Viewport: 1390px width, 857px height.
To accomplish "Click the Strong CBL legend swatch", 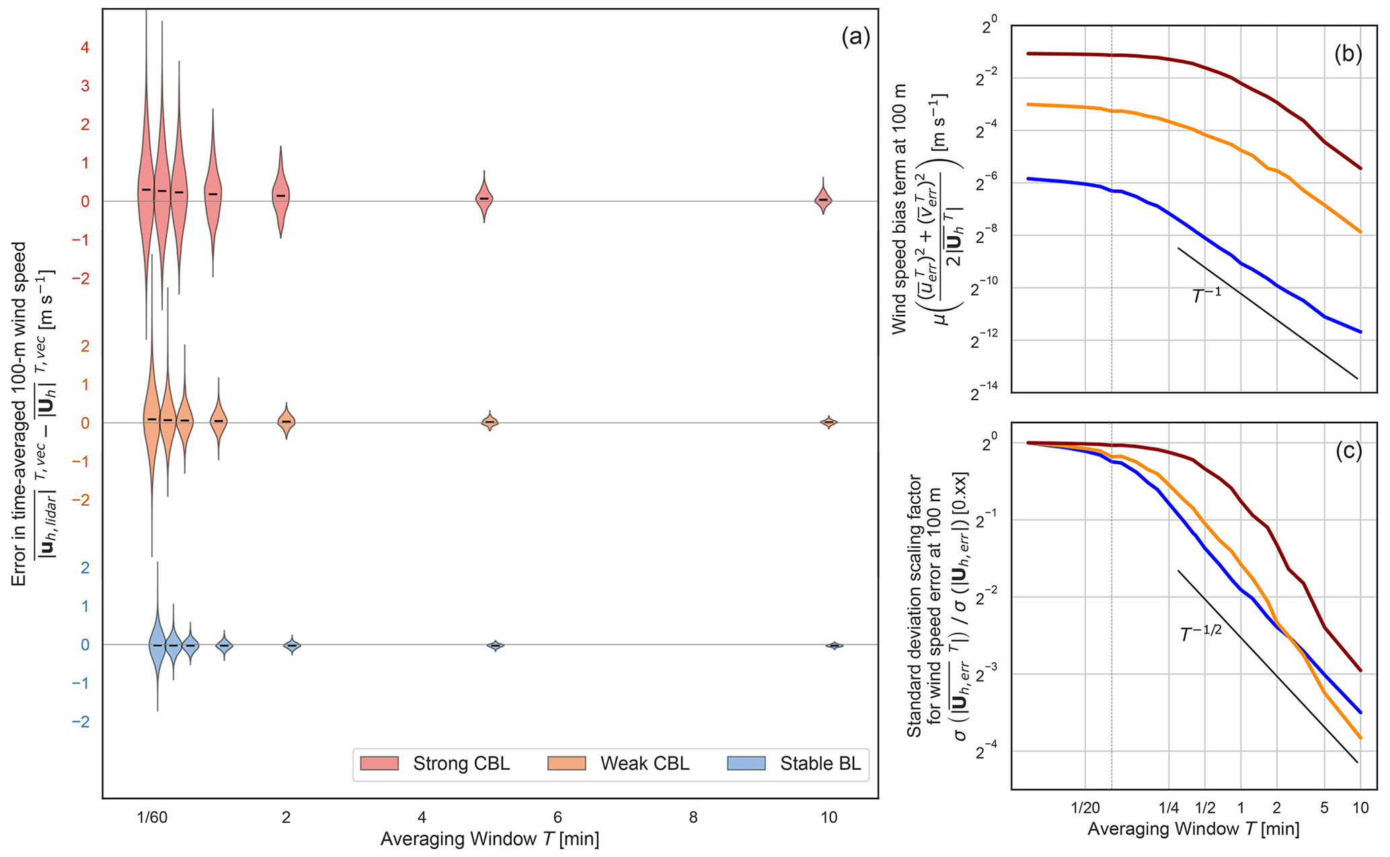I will tap(379, 763).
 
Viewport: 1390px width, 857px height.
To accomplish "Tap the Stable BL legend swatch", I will tap(746, 763).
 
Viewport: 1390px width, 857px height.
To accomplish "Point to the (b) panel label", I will tap(1348, 54).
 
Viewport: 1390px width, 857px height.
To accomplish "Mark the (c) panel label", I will tap(1348, 451).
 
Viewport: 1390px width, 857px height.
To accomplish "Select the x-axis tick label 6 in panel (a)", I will tap(557, 818).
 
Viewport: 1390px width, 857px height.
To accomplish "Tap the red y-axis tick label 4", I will tap(85, 48).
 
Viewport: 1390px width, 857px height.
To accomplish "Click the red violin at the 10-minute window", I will tap(823, 199).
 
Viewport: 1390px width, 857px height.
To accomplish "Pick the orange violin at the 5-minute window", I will tap(490, 422).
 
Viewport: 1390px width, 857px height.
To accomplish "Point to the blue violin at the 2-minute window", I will tap(292, 645).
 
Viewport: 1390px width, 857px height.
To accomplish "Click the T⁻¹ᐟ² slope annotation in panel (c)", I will tap(1201, 634).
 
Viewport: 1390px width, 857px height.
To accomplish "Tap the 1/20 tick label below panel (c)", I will tap(1085, 807).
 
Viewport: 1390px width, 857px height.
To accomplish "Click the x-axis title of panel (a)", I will tap(490, 839).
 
